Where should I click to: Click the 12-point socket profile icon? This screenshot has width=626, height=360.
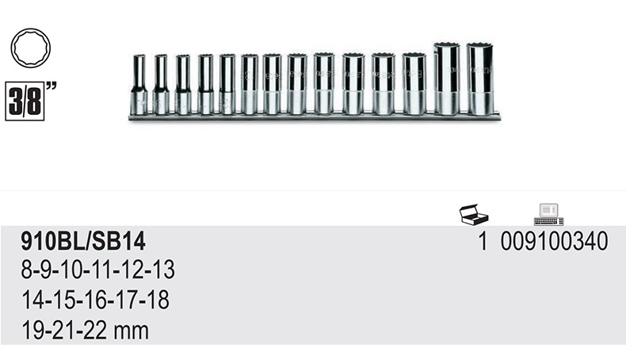point(31,48)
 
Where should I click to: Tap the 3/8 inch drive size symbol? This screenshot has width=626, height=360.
point(30,101)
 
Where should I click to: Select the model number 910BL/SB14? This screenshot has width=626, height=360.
point(83,242)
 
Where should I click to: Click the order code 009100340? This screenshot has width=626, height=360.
point(554,241)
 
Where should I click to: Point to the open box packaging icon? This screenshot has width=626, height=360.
point(474,214)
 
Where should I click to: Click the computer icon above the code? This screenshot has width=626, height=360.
point(549,215)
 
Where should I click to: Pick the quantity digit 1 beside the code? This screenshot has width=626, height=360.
point(483,241)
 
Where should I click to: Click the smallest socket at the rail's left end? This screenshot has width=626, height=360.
point(139,85)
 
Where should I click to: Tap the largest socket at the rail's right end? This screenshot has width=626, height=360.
point(480,79)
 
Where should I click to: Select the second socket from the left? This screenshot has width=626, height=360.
point(161,85)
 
